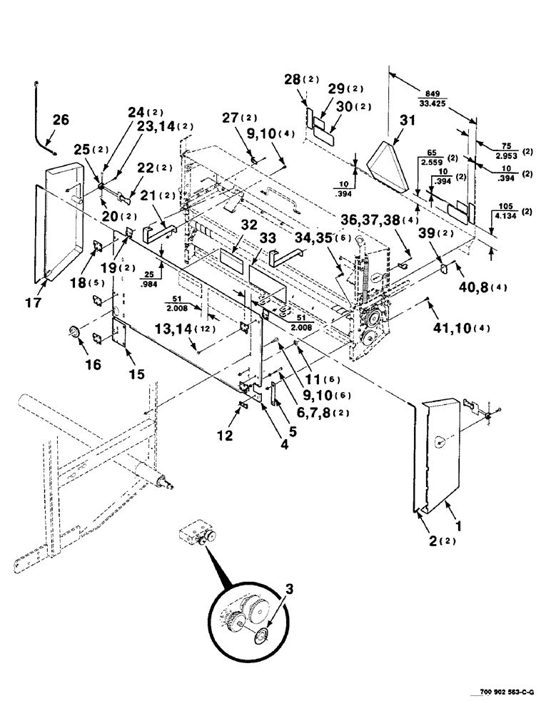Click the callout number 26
[x=61, y=120]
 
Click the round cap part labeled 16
[x=74, y=332]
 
